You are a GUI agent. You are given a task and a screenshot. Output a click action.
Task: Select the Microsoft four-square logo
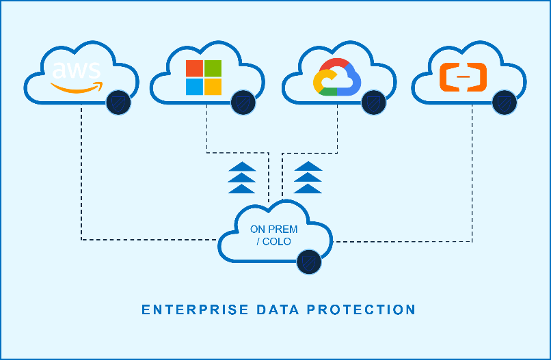[204, 77]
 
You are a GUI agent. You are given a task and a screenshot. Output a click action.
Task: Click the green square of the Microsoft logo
[213, 68]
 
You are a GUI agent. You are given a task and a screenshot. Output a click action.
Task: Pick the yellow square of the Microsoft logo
[213, 86]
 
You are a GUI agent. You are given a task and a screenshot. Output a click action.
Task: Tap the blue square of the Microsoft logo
[195, 86]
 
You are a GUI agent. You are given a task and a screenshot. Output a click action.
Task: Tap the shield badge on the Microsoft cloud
[243, 102]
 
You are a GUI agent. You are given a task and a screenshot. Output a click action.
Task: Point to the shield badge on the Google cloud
[374, 102]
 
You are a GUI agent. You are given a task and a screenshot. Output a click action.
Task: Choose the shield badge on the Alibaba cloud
[504, 102]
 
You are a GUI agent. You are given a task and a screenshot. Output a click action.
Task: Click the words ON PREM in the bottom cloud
[273, 230]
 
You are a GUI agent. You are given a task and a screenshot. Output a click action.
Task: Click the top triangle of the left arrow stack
[242, 166]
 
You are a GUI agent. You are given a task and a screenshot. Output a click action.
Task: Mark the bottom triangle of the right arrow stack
[308, 189]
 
